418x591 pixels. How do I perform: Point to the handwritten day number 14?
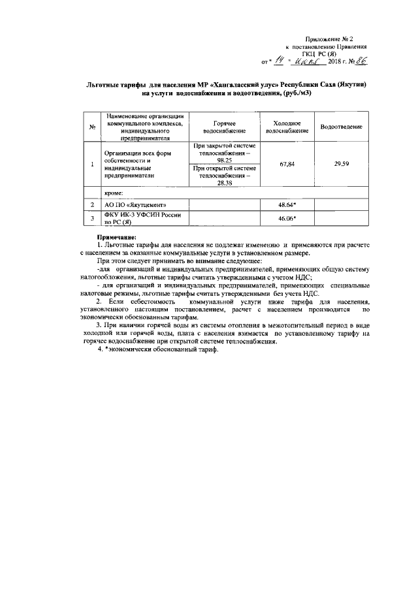[279, 61]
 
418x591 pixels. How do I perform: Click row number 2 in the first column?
[93, 205]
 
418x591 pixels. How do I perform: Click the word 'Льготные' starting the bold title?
[104, 85]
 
